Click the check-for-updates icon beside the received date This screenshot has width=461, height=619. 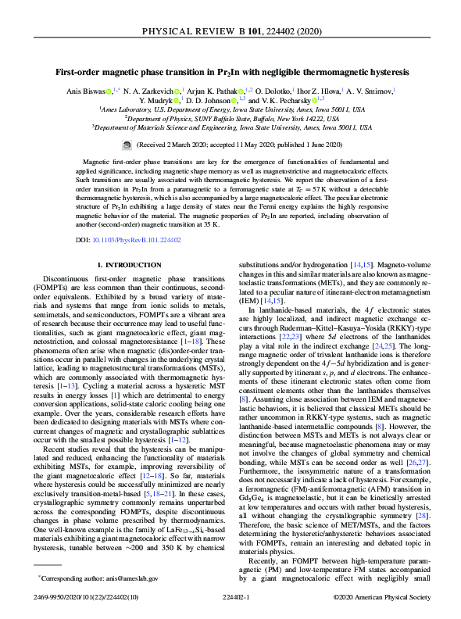click(127, 145)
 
